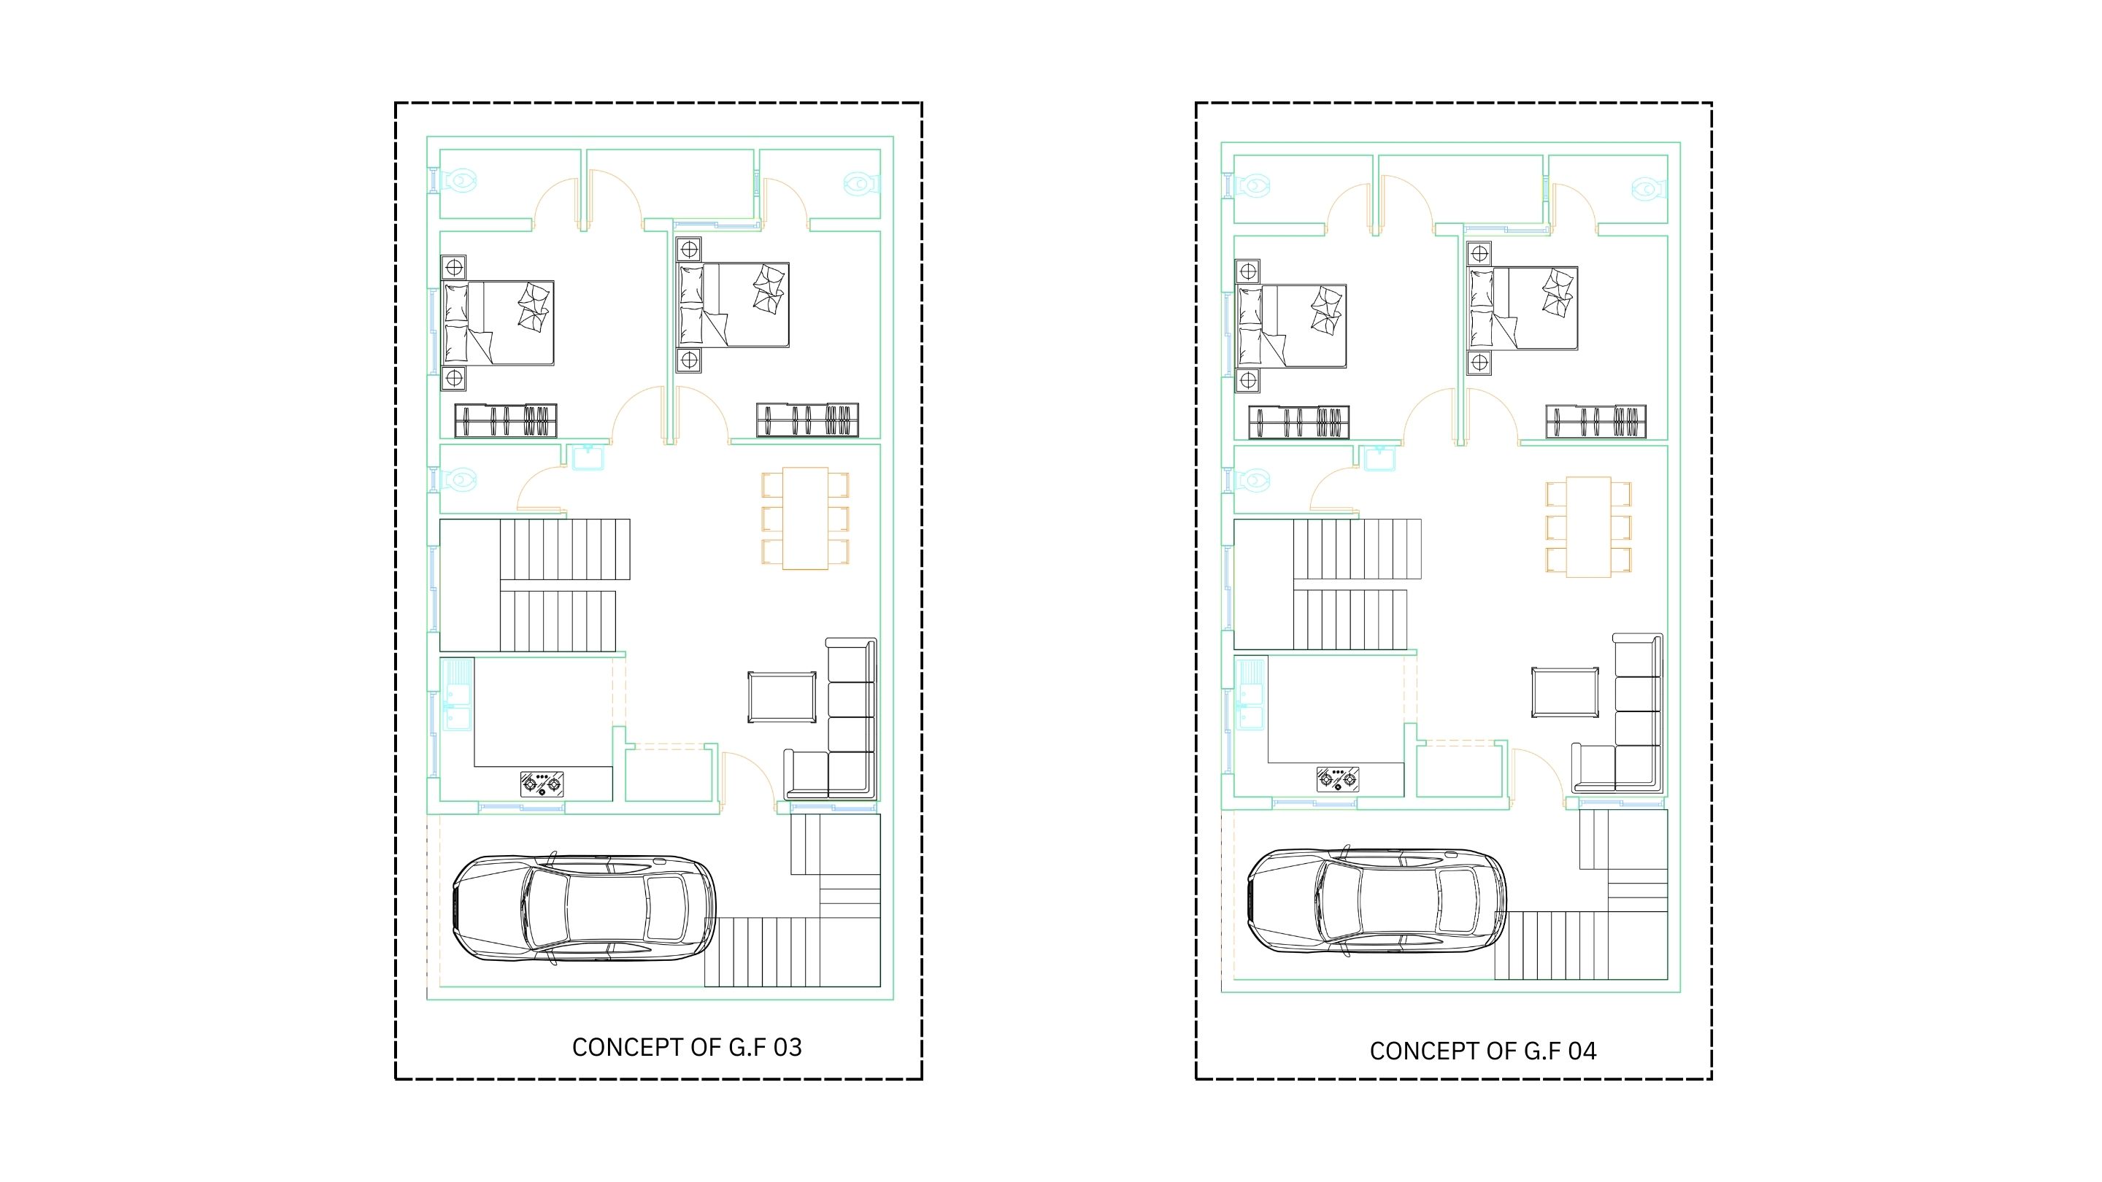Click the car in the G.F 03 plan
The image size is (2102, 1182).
tap(584, 908)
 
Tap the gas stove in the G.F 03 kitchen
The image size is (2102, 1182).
tap(542, 784)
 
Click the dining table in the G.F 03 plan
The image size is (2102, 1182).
tap(805, 518)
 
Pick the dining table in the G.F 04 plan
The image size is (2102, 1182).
tap(1588, 527)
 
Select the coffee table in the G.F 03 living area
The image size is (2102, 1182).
tap(782, 697)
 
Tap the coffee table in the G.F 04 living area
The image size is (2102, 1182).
tap(1565, 692)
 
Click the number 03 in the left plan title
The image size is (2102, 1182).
tap(788, 1048)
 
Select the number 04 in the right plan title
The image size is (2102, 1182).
tap(1582, 1051)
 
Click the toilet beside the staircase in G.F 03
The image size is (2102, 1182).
tap(456, 479)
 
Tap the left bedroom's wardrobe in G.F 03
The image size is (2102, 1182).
tap(506, 421)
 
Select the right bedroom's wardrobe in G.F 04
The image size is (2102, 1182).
tap(1595, 422)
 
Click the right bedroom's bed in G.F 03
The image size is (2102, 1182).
tap(733, 305)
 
